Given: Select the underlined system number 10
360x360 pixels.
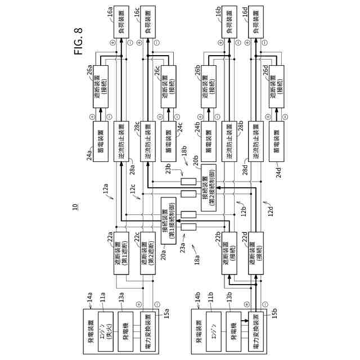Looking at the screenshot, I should click(x=75, y=208).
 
